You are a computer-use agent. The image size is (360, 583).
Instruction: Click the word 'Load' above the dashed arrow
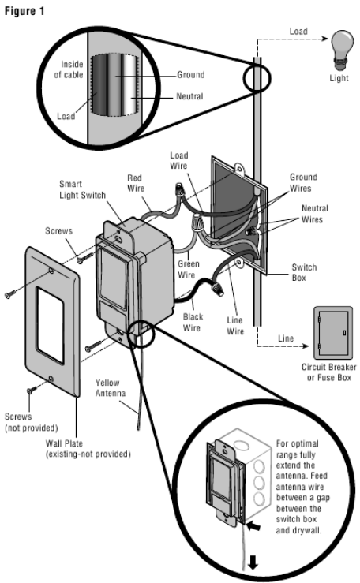298,33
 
